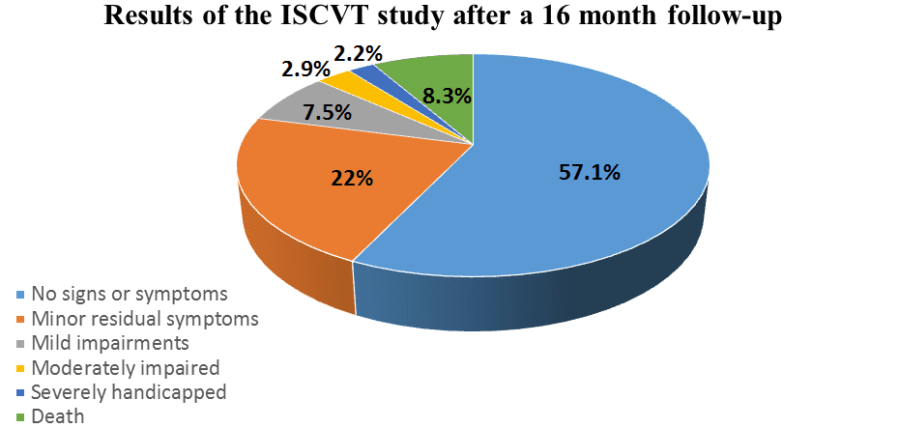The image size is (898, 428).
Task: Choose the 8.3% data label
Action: click(449, 96)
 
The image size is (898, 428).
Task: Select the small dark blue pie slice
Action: click(365, 71)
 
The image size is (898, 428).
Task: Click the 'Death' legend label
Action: click(58, 417)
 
